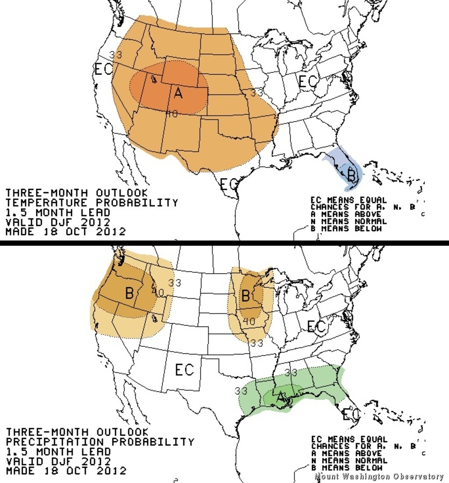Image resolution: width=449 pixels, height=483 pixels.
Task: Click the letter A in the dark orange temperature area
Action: coord(178,93)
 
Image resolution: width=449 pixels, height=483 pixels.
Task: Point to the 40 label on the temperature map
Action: coord(172,113)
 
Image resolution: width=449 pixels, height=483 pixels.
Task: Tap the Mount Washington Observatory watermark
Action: coord(379,477)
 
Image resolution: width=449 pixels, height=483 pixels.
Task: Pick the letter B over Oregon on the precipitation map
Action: coord(129,293)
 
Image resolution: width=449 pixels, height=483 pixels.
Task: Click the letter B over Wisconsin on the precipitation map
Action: coord(245,295)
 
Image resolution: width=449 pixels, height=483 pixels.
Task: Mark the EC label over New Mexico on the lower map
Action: coord(184,370)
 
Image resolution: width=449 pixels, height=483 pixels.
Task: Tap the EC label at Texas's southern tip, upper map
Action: coord(229,184)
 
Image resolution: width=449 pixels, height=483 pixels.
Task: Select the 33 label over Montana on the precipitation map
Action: coord(175,283)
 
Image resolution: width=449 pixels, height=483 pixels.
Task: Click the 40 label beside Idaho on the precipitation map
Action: coord(158,292)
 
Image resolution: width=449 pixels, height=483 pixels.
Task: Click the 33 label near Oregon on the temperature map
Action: coord(116,55)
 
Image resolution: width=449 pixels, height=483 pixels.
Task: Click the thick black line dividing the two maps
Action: coord(224,243)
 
